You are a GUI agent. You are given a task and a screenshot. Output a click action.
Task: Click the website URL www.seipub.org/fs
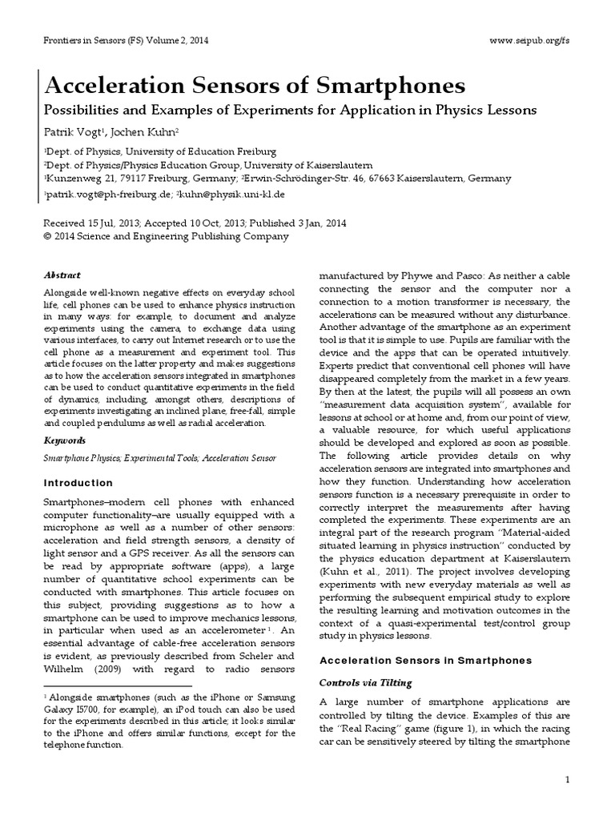[x=529, y=40]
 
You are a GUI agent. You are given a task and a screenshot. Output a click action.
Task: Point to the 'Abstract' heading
[x=62, y=275]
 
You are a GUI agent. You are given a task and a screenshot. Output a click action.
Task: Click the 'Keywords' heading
[x=64, y=440]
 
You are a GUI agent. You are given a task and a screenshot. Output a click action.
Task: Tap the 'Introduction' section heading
[x=78, y=483]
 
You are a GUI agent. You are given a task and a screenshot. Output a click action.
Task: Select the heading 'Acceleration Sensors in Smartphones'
[x=425, y=661]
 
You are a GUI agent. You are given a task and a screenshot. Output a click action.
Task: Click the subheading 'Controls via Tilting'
[x=366, y=682]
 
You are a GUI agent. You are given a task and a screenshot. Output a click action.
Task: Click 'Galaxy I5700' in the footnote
[x=70, y=716]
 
